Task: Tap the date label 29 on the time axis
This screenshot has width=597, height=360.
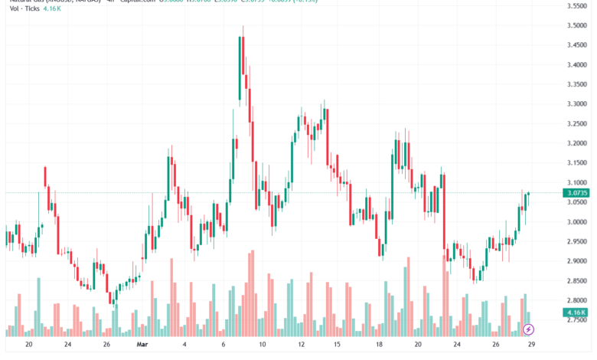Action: [530, 345]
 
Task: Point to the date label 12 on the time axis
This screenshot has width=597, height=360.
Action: [302, 345]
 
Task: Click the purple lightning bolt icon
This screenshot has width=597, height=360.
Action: [529, 329]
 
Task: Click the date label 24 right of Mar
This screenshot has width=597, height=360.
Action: [455, 345]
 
